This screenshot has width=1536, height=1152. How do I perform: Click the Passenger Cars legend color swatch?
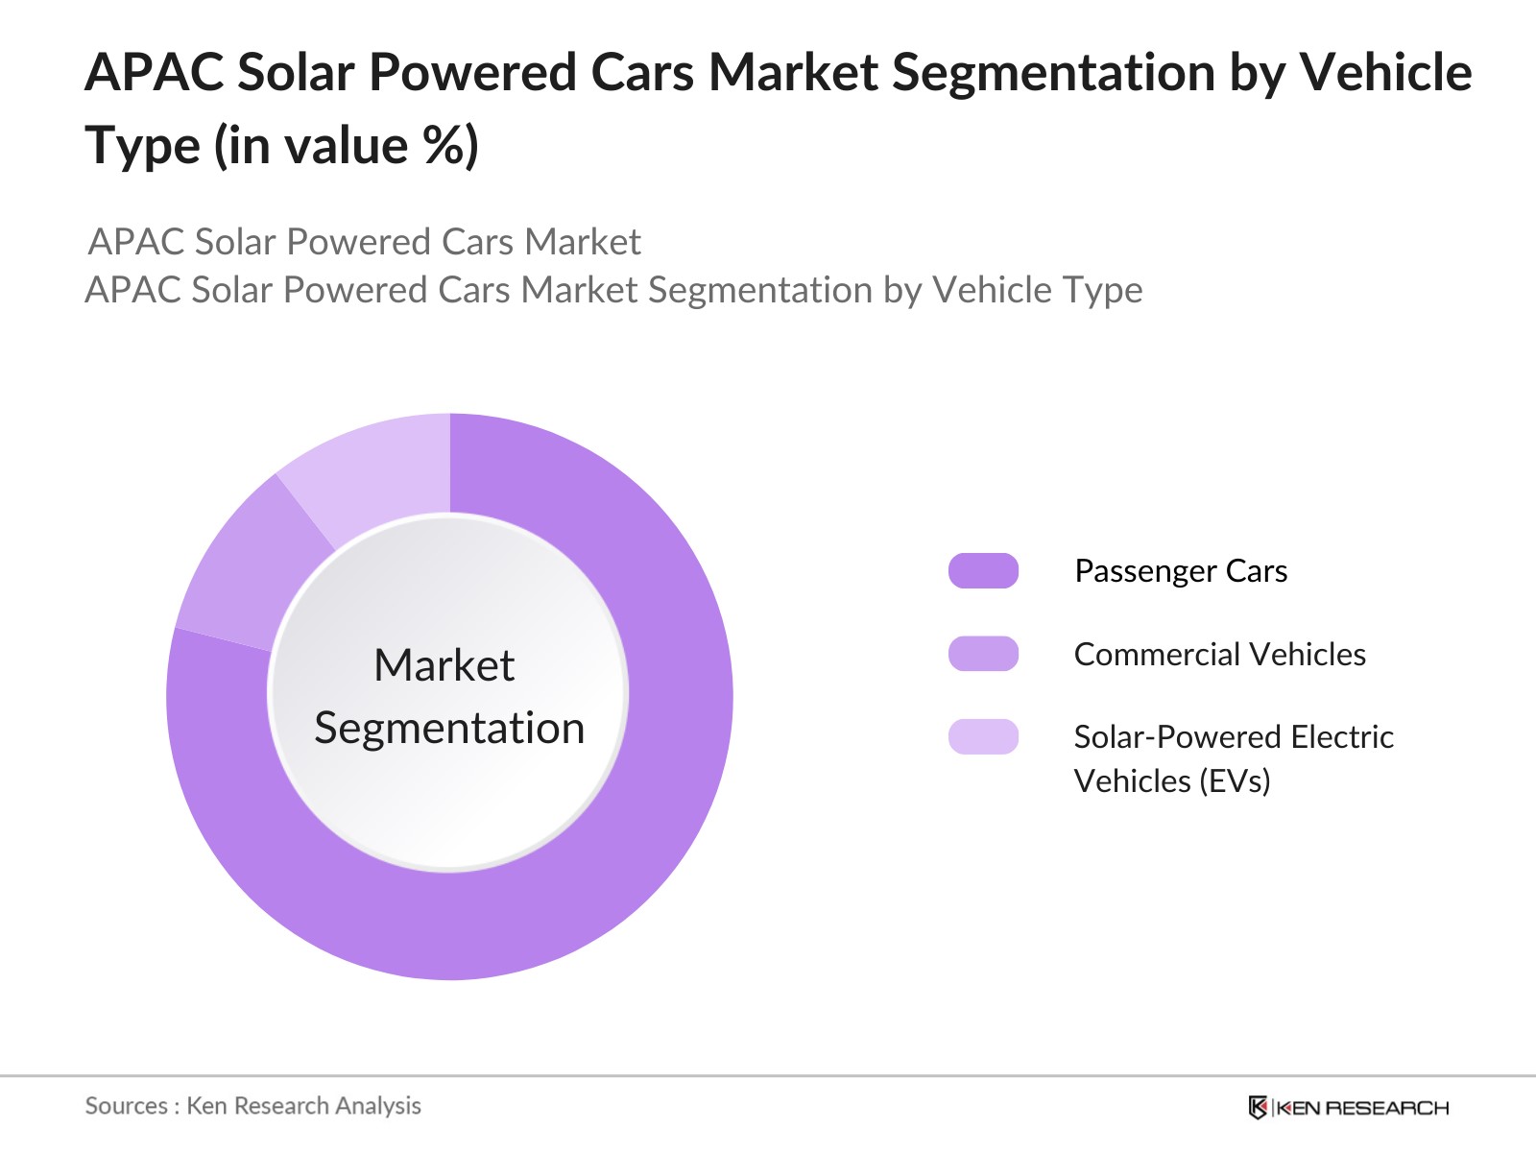tap(983, 571)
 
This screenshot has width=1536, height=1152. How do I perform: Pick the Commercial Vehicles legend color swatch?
tap(983, 654)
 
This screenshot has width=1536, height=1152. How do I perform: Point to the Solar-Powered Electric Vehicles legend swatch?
tap(983, 737)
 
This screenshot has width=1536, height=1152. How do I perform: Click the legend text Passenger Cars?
tap(1180, 571)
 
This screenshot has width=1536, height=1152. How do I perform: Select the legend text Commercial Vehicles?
tap(1219, 655)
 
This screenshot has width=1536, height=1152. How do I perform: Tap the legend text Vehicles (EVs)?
tap(1171, 781)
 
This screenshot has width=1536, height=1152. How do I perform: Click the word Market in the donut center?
tap(444, 665)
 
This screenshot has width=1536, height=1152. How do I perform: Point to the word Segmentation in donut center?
tap(449, 728)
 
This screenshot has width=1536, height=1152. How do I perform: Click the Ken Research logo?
tap(1348, 1108)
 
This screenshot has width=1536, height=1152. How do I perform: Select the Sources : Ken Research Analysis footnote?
tap(252, 1106)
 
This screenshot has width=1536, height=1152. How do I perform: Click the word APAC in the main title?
tap(154, 73)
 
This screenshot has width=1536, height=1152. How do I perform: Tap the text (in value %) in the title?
tap(346, 147)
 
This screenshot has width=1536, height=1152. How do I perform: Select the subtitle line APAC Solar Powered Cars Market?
tap(364, 242)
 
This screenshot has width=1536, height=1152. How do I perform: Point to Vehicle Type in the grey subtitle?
tap(1037, 290)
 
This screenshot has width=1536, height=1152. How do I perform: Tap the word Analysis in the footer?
tap(379, 1106)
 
